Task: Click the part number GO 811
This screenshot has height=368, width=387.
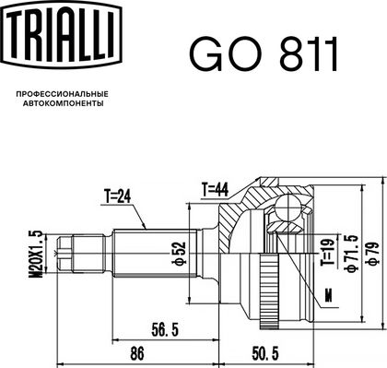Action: click(x=264, y=54)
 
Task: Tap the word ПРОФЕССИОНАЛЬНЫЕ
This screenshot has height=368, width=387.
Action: click(x=63, y=94)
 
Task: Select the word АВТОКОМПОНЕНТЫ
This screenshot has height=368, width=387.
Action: click(x=64, y=103)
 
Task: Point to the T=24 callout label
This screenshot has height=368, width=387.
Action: click(x=117, y=196)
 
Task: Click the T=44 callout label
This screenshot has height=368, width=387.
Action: click(x=215, y=189)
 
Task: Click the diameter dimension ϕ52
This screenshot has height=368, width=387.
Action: click(x=181, y=254)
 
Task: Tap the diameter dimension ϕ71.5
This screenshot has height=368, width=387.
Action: click(x=352, y=253)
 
